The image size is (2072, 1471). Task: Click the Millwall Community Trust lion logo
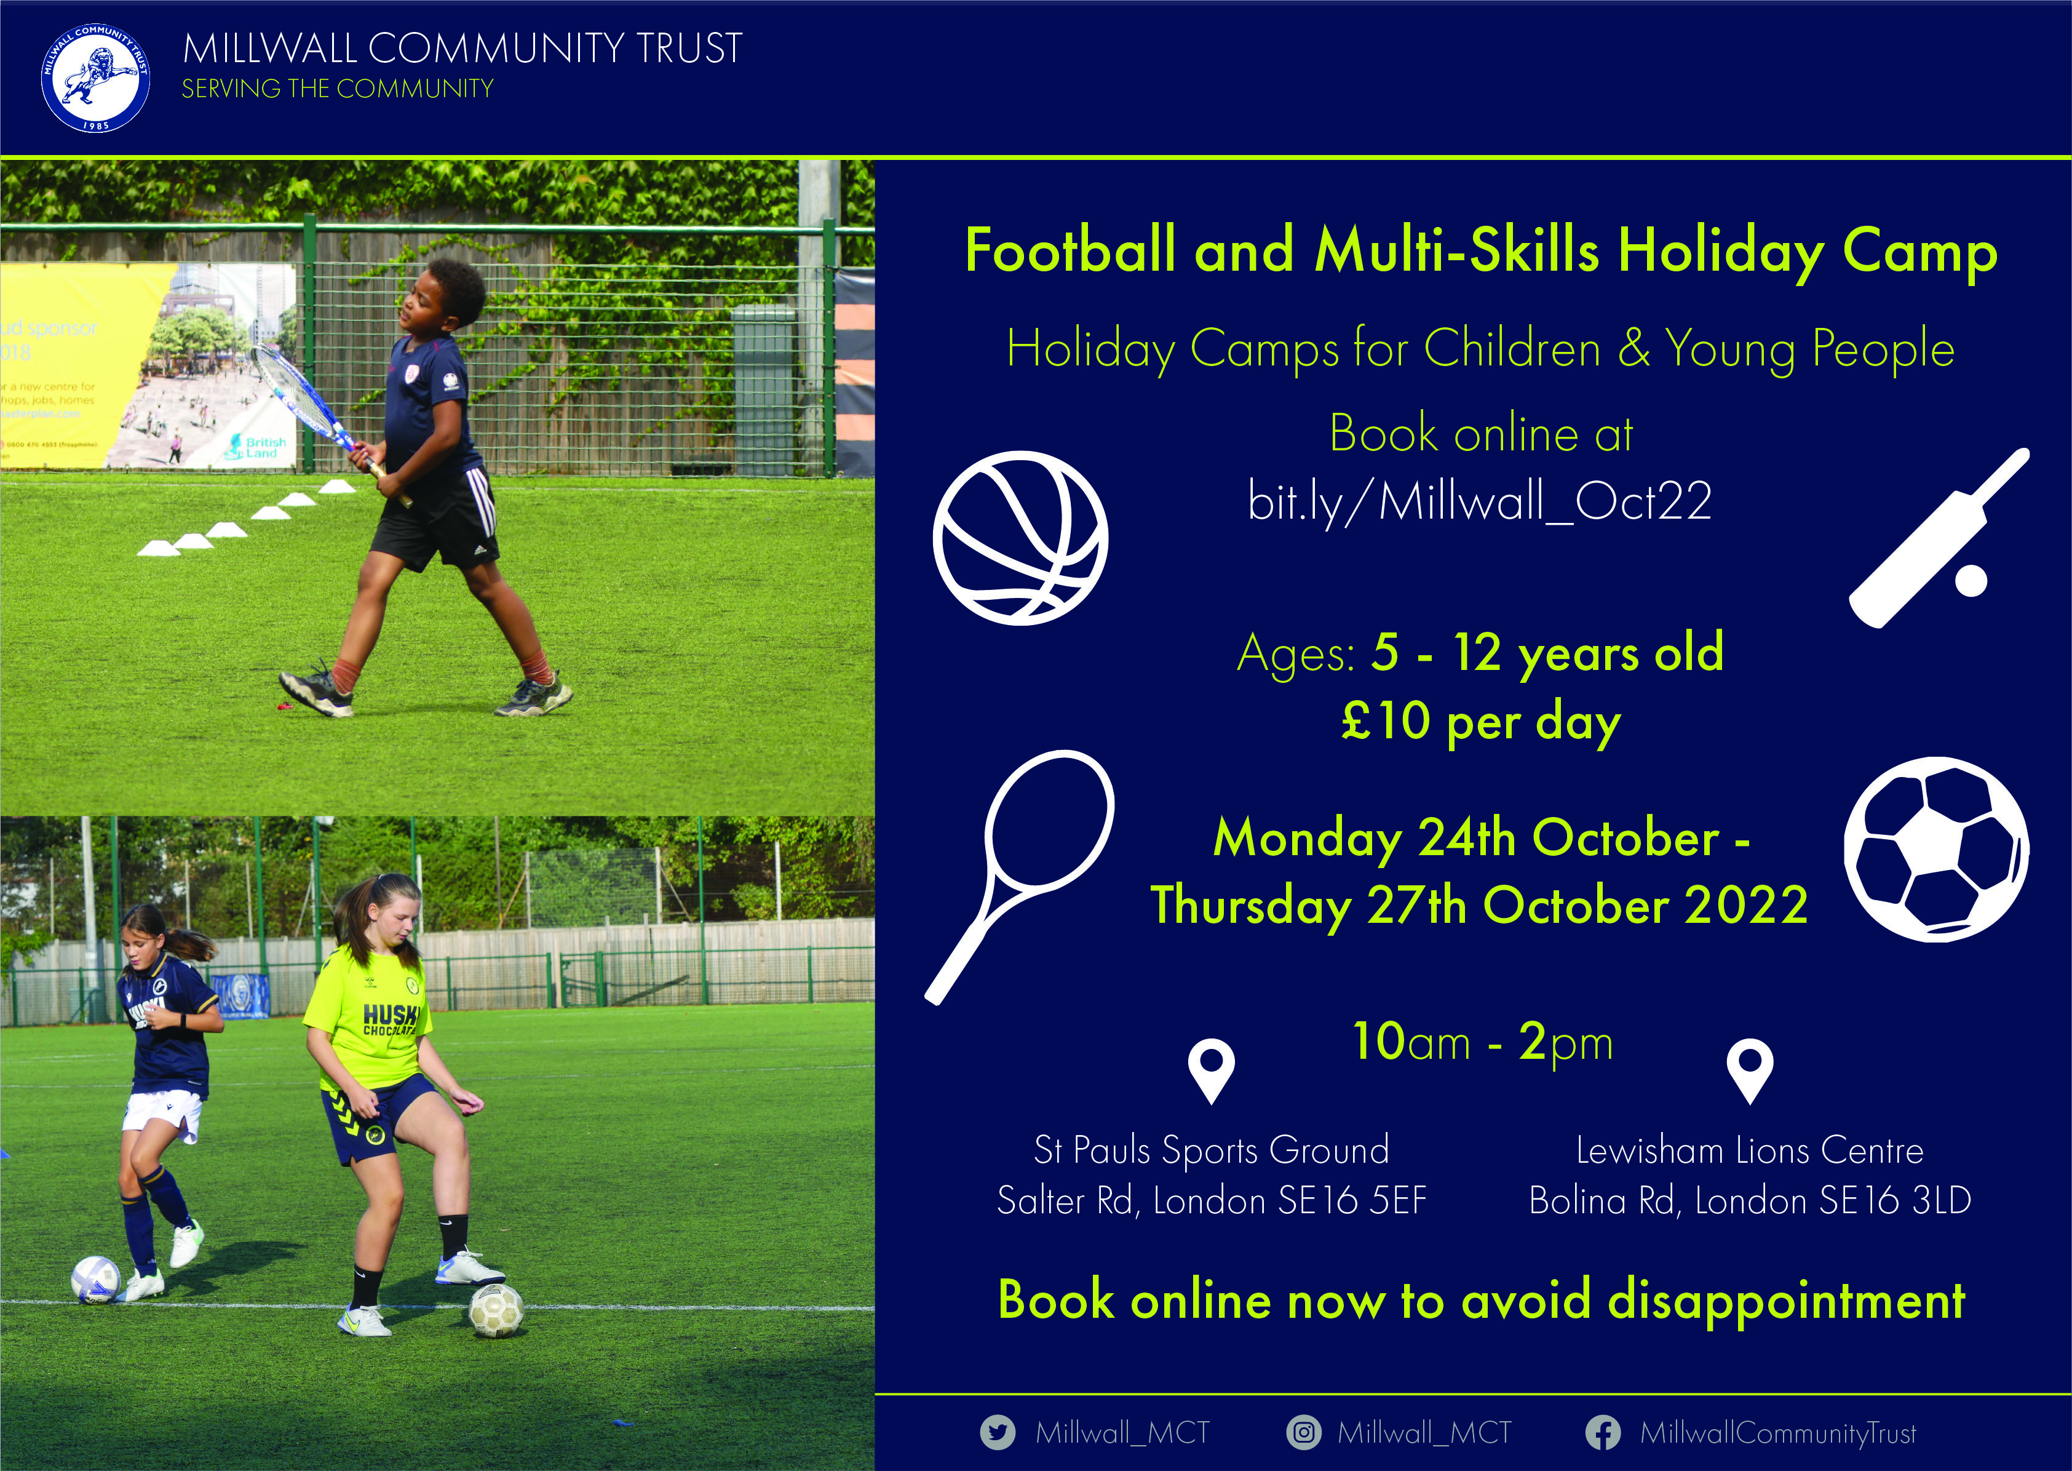pyautogui.click(x=95, y=78)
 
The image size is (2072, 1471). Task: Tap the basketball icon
pyautogui.click(x=1020, y=538)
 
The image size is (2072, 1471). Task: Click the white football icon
pyautogui.click(x=1936, y=850)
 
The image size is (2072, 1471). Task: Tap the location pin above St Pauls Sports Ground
pyautogui.click(x=1211, y=1069)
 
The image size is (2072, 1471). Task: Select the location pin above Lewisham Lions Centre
pyautogui.click(x=1750, y=1069)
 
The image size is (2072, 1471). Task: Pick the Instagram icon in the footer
pyautogui.click(x=1303, y=1432)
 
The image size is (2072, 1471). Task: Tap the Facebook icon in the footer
pyautogui.click(x=1603, y=1432)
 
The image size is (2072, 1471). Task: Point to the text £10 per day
pyautogui.click(x=1480, y=722)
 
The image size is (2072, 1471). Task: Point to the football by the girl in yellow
pyautogui.click(x=495, y=1310)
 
